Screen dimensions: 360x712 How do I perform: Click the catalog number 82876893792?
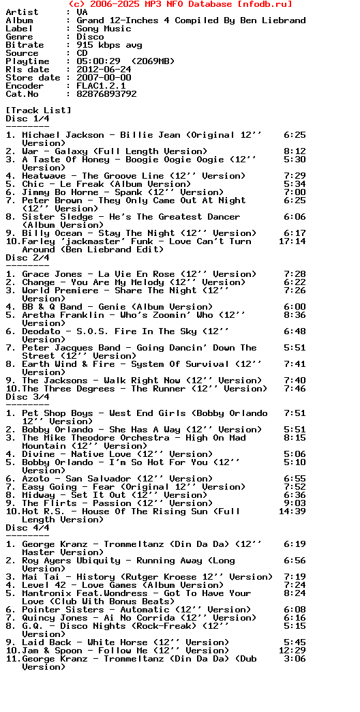106,94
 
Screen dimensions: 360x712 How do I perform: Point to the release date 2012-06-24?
104,70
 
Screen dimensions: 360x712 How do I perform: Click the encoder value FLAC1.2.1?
101,86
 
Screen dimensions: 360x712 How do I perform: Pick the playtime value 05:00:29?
98,61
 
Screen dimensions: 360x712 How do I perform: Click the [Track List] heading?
38,110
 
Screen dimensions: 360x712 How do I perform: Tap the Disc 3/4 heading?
27,397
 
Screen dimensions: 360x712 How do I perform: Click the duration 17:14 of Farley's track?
292,241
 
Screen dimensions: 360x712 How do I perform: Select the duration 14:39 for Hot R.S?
292,511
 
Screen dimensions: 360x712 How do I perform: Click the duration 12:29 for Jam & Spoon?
292,651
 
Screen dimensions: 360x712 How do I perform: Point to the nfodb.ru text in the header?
267,4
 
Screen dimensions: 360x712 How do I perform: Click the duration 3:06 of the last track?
295,659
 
